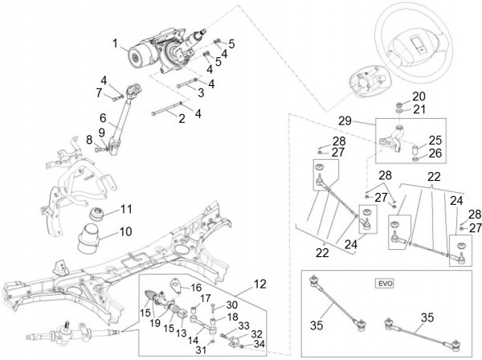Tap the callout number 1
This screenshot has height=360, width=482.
point(114,42)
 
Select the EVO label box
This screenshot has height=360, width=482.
point(381,283)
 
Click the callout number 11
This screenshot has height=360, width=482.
point(125,210)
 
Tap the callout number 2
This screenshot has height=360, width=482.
point(182,119)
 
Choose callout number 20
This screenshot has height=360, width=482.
point(419,96)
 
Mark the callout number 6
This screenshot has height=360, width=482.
point(103,118)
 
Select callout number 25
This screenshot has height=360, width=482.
point(435,140)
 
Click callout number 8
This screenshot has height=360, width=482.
point(90,140)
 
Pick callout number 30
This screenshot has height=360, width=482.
point(232,305)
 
